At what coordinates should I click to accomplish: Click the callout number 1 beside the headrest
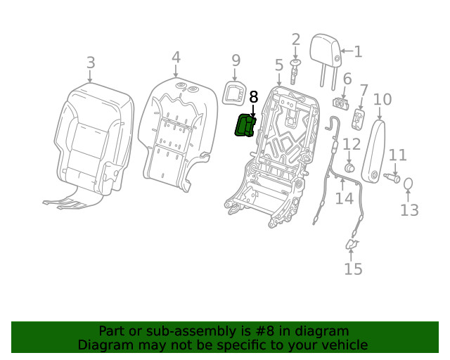click(x=358, y=51)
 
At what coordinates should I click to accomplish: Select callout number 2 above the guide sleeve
click(x=296, y=40)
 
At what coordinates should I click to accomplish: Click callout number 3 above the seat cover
click(x=91, y=63)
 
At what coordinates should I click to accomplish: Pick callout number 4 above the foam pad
click(x=176, y=58)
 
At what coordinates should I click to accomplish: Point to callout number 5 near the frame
click(x=279, y=65)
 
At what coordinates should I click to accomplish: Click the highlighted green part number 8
click(x=245, y=126)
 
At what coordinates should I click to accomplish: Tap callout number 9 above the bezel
click(x=236, y=60)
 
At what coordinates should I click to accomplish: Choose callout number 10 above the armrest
click(x=382, y=99)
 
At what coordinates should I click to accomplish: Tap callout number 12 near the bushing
click(x=351, y=146)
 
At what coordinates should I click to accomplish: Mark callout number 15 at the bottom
click(x=353, y=269)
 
